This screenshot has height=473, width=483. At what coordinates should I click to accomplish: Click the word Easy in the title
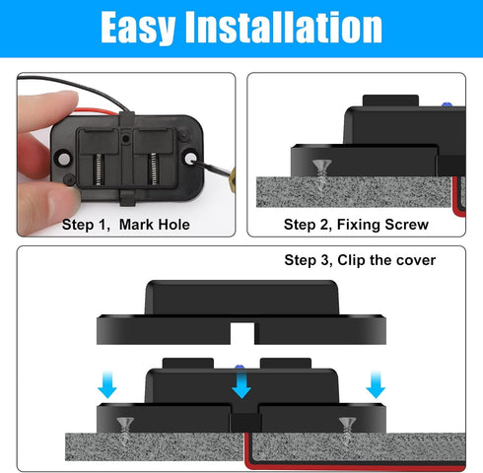pyautogui.click(x=147, y=29)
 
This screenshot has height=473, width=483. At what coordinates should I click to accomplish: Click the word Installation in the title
pyautogui.click(x=292, y=29)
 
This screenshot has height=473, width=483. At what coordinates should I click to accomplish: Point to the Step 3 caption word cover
pyautogui.click(x=413, y=261)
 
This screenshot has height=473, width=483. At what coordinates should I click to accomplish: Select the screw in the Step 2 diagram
pyautogui.click(x=319, y=169)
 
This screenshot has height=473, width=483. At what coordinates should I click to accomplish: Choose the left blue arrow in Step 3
pyautogui.click(x=107, y=386)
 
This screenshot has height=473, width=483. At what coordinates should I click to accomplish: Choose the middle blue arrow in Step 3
pyautogui.click(x=240, y=386)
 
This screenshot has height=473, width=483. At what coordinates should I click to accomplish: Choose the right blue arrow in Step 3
pyautogui.click(x=374, y=386)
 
